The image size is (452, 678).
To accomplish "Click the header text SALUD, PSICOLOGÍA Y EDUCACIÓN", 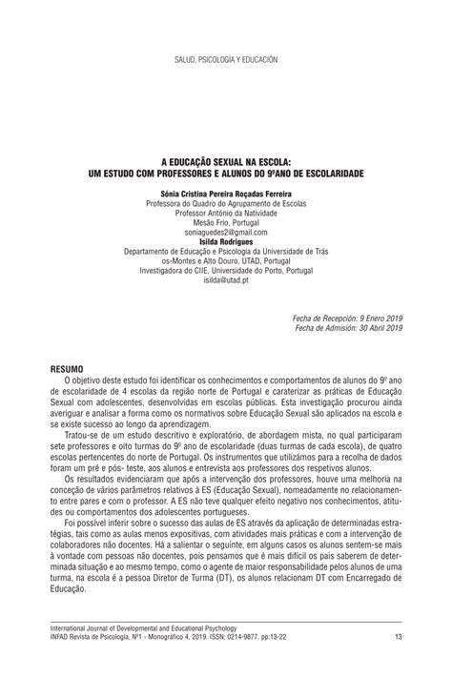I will point(226,60).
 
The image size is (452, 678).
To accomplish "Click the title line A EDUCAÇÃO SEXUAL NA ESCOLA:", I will point(225,164).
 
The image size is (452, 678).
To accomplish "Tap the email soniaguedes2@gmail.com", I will point(226,232).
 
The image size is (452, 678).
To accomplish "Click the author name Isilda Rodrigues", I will point(226,242).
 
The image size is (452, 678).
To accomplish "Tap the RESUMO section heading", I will point(67,367).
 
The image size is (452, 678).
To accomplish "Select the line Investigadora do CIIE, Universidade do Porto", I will point(226,270).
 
